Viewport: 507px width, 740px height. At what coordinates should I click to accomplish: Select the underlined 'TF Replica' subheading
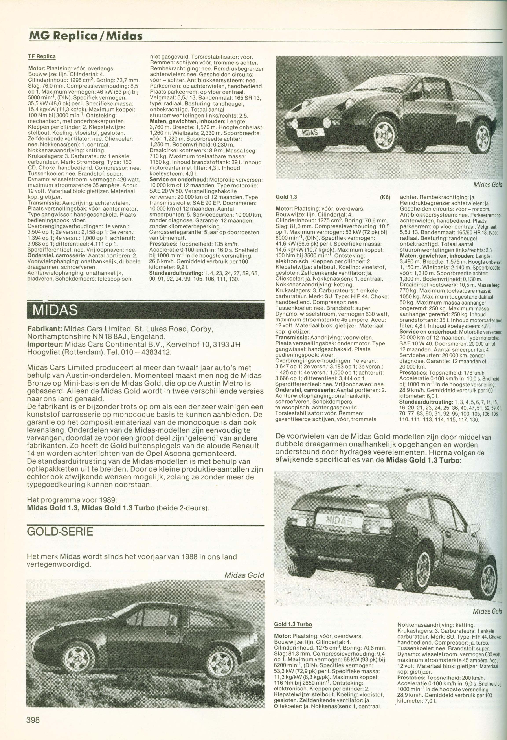[x=42, y=56]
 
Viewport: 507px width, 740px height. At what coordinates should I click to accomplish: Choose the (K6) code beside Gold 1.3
[x=385, y=197]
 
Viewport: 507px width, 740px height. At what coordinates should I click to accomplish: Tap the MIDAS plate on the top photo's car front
[x=310, y=132]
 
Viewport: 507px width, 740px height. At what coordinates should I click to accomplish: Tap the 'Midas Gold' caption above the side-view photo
[x=244, y=575]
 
